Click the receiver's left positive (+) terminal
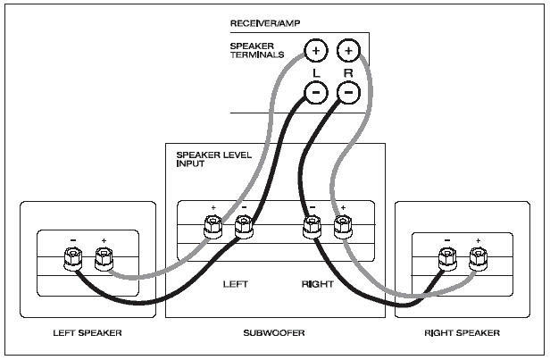(316, 51)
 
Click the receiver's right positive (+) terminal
(348, 51)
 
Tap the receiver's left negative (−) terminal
(316, 92)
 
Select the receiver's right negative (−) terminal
(348, 92)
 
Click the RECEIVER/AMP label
(265, 23)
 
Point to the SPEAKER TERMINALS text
(257, 51)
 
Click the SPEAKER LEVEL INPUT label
(214, 159)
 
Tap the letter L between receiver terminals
(316, 73)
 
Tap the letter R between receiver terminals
(348, 73)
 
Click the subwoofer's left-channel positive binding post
(212, 227)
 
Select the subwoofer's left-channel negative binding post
(244, 227)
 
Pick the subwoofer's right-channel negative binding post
(312, 227)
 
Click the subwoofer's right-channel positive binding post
(343, 227)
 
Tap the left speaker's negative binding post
(73, 259)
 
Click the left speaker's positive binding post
(104, 259)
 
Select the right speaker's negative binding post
(447, 259)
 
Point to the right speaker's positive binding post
(479, 259)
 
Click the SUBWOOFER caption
(274, 332)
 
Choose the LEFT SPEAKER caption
(87, 332)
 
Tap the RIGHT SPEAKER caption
(462, 332)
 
